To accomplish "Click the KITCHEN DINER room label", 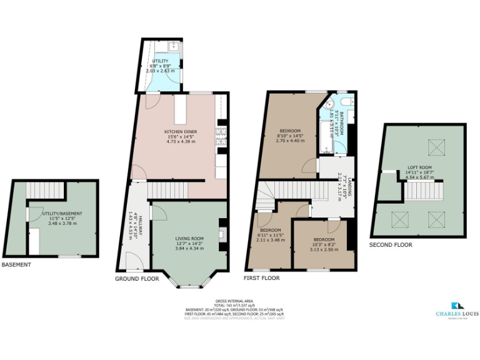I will [181, 132].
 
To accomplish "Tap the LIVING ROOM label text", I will [189, 238].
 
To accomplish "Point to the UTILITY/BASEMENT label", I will [62, 214].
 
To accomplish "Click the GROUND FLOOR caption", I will [137, 278].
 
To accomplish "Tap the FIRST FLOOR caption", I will [261, 277].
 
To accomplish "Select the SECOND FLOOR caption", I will [391, 245].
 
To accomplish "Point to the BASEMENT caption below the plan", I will [16, 264].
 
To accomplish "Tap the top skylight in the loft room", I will [434, 147].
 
